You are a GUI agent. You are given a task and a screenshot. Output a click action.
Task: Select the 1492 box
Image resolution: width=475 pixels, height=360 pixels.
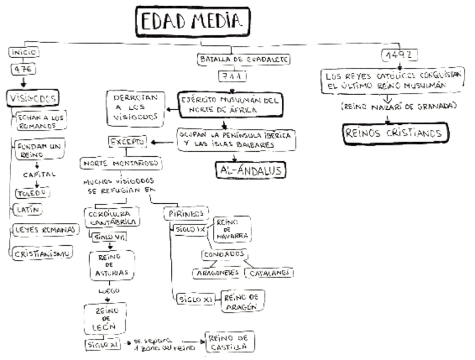tap(400, 55)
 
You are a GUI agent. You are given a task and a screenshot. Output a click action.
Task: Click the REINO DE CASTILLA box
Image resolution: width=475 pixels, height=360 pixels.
tap(230, 341)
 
